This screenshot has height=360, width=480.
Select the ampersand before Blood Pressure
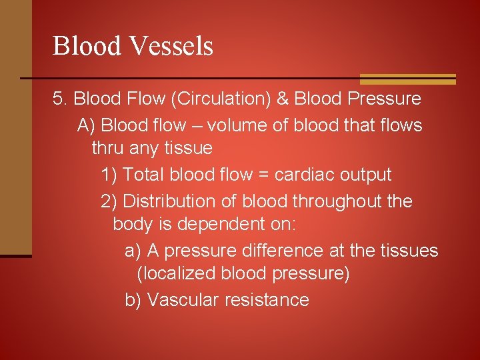click(x=282, y=99)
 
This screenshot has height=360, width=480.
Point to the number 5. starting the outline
click(x=60, y=99)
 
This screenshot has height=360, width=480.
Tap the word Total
click(x=143, y=175)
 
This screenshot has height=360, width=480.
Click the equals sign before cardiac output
click(x=263, y=175)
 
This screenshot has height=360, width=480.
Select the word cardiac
click(x=304, y=175)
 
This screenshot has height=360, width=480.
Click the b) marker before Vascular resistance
click(x=133, y=300)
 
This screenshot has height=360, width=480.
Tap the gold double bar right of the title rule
click(x=407, y=79)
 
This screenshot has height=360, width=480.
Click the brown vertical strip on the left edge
click(x=15, y=127)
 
